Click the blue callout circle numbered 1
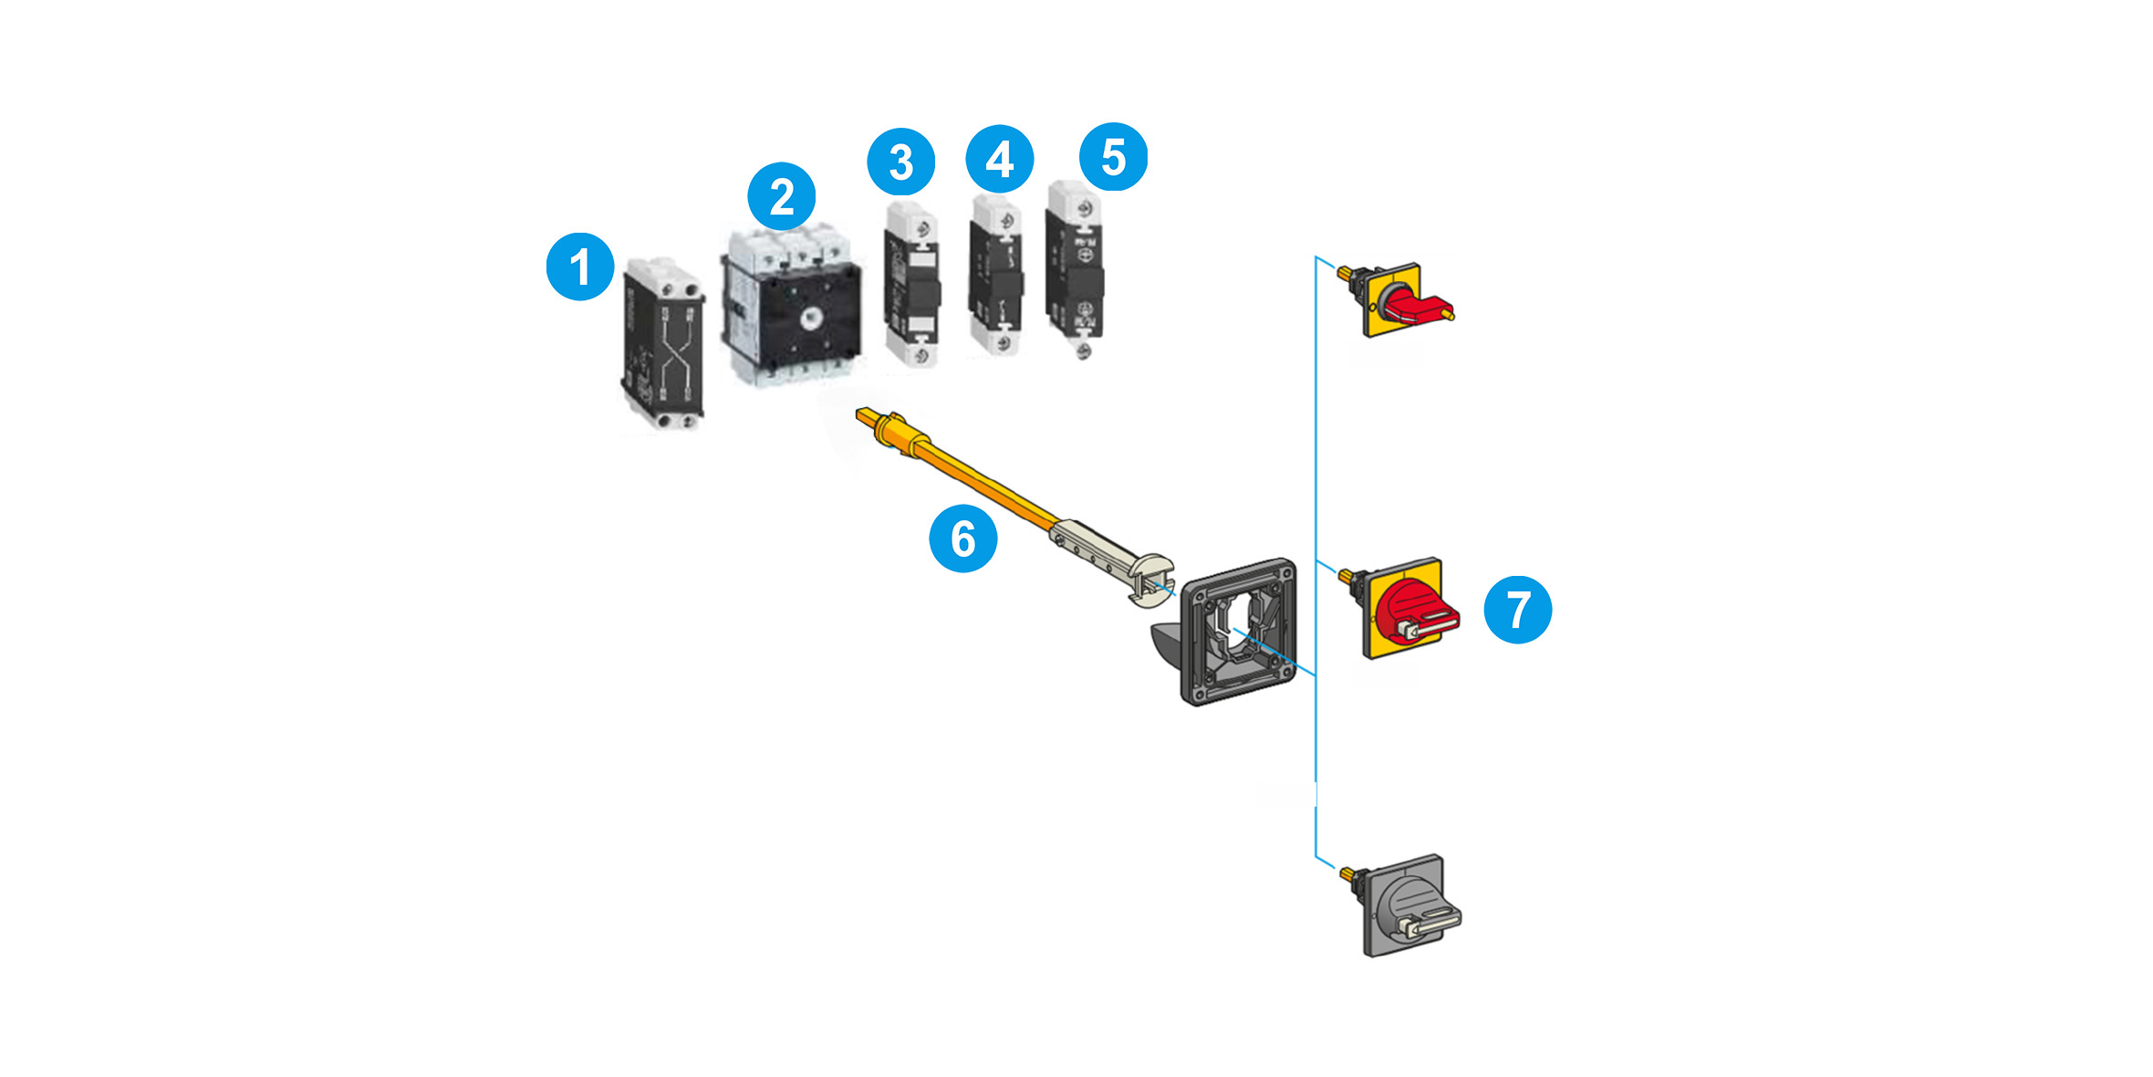(579, 267)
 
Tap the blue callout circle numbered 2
(781, 196)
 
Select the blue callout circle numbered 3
(900, 162)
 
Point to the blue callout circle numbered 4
(999, 159)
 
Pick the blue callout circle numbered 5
(1113, 157)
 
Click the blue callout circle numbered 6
(962, 538)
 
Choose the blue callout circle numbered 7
(1517, 609)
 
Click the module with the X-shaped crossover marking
(663, 347)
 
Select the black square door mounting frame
(1238, 632)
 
